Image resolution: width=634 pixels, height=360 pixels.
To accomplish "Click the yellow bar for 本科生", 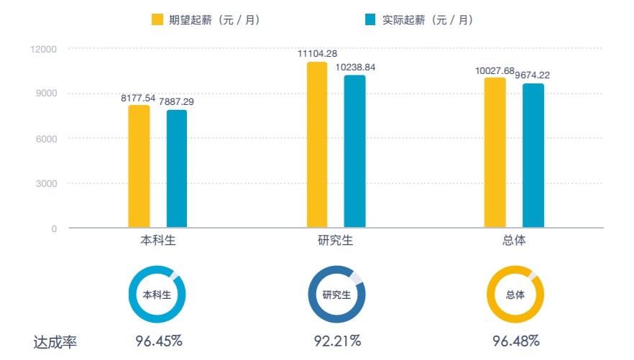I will [x=139, y=167].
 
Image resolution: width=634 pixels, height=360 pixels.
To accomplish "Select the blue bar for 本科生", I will [x=177, y=169].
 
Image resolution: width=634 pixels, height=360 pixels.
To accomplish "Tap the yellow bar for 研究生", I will [x=317, y=145].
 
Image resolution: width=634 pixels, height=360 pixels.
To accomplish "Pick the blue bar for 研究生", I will [x=354, y=152].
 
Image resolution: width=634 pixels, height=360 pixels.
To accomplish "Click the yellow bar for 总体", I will [x=495, y=153].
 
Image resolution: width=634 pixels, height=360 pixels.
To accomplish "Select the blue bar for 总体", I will [x=533, y=156].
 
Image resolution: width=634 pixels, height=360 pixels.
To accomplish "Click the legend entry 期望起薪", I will [x=206, y=19].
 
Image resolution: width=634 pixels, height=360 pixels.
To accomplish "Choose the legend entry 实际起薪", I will [x=419, y=19].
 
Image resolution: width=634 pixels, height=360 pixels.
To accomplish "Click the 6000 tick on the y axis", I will [x=47, y=139].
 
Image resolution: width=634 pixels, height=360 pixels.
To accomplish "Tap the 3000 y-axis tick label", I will [x=47, y=184].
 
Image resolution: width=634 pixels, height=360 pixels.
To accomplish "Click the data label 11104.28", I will [x=318, y=53].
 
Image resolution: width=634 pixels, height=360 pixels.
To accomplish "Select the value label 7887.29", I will [x=177, y=101].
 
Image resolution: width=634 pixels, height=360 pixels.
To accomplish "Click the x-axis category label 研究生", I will [x=336, y=241].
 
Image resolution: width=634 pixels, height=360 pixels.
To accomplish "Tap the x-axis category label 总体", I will [x=515, y=241].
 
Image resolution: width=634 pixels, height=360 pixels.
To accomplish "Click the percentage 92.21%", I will [x=336, y=340].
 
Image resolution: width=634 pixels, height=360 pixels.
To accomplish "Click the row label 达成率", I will [x=55, y=342].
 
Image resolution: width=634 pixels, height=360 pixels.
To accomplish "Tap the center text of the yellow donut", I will [x=515, y=295].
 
